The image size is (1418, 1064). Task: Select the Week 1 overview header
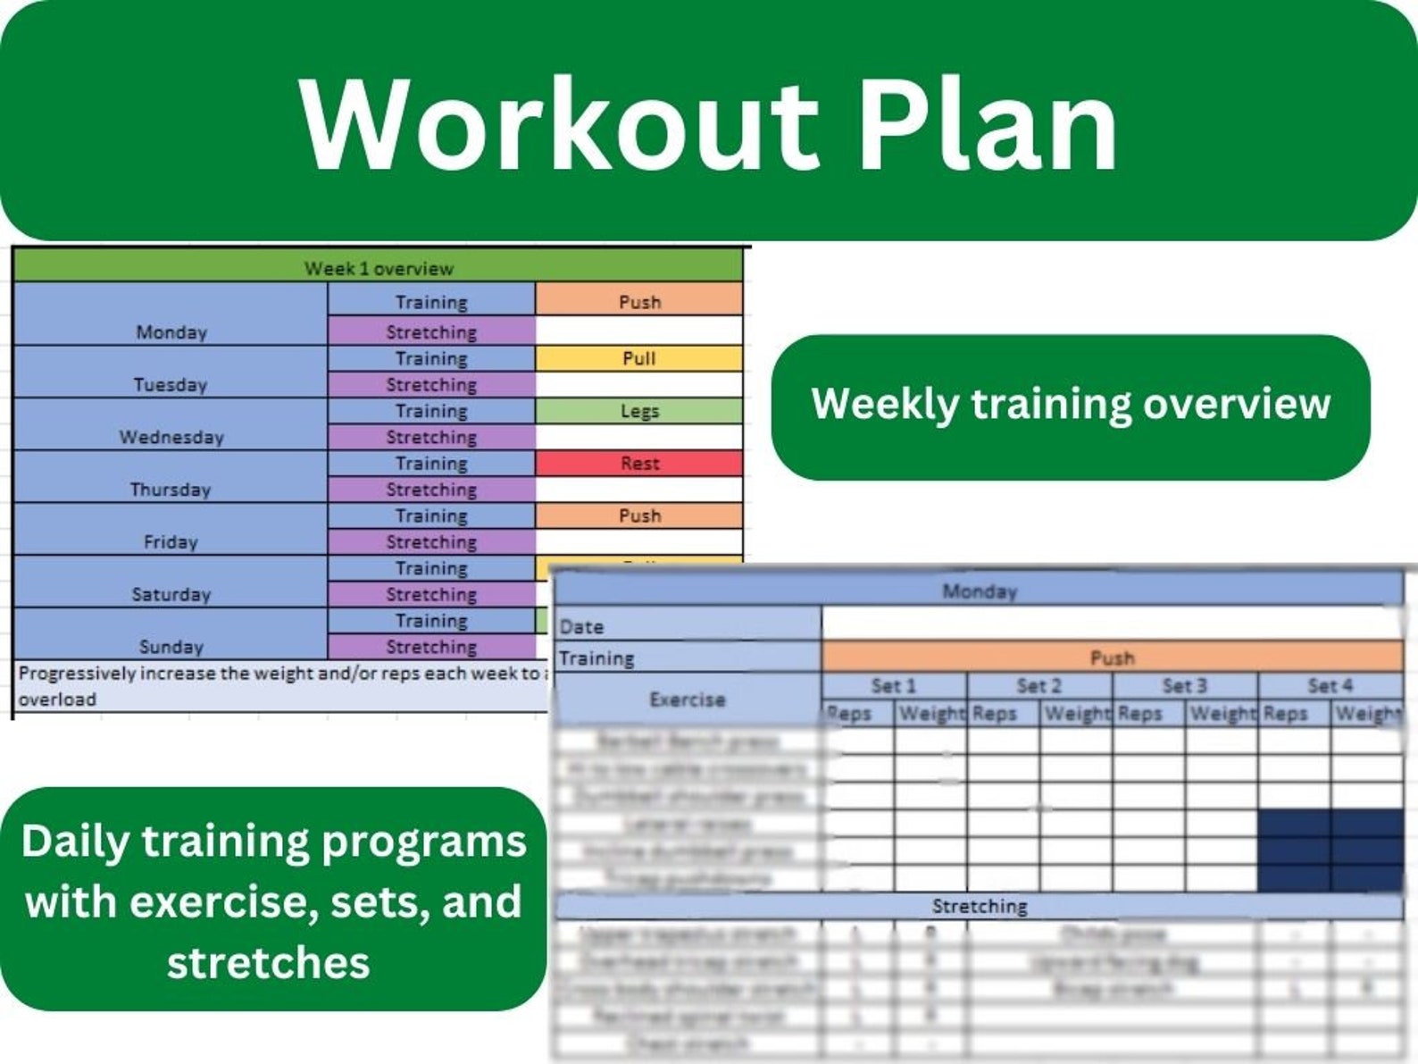(x=379, y=268)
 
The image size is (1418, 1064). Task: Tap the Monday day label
(x=171, y=332)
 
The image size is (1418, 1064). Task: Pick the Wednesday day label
(x=171, y=437)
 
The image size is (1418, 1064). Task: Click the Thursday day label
(x=170, y=490)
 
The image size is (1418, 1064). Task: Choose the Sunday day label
(x=171, y=647)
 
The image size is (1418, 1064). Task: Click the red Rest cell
(x=639, y=464)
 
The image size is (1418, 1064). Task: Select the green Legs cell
(x=639, y=411)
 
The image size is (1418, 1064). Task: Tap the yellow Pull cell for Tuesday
(x=639, y=358)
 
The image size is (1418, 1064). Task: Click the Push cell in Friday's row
(x=639, y=515)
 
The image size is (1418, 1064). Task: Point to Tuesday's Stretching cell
(x=431, y=385)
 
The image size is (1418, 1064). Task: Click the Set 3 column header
(x=1184, y=686)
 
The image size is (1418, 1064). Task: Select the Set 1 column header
(x=893, y=686)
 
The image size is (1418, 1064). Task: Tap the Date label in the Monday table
(x=581, y=627)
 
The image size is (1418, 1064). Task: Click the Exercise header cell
(x=687, y=700)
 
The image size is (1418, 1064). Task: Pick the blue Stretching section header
(x=980, y=907)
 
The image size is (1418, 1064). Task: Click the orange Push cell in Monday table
(x=1112, y=658)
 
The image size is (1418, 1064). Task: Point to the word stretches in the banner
(x=268, y=963)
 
